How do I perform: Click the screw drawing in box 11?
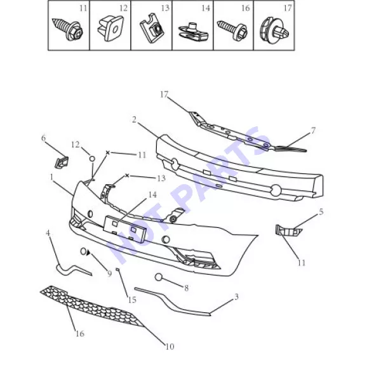coord(67,29)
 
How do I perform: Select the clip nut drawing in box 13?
coord(152,28)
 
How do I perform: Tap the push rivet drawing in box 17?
coord(274,30)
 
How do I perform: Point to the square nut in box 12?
coord(110,28)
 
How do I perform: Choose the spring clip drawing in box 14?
coord(193,32)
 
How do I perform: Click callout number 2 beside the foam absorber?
coord(134,120)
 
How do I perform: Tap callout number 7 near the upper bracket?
coord(313,130)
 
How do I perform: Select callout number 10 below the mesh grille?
coord(170,347)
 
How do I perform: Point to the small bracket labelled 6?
coord(62,162)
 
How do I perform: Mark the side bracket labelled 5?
coord(288,230)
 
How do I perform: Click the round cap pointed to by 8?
coord(159,277)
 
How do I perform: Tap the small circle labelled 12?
coord(92,159)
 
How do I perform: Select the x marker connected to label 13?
coord(127,176)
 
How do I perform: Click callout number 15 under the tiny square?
coord(132,300)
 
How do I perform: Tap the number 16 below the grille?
coord(80,333)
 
